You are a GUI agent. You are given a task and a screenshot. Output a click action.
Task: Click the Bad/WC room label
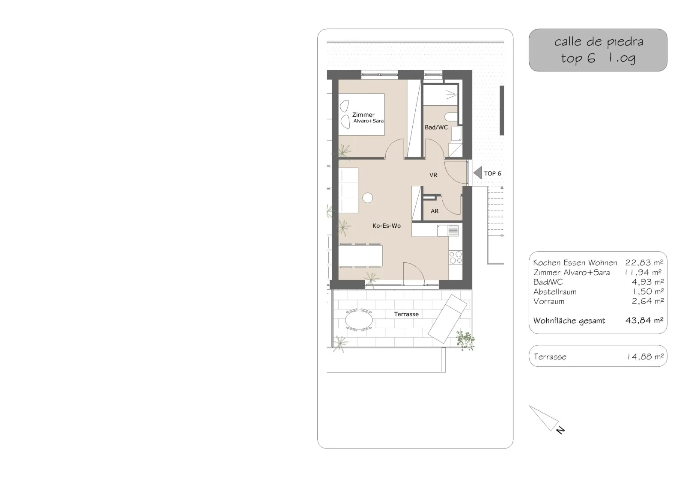point(436,128)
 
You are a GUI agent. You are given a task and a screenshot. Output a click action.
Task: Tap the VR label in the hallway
point(433,175)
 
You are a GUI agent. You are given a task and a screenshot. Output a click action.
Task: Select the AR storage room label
point(435,211)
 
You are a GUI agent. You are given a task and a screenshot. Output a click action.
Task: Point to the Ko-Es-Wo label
point(387,226)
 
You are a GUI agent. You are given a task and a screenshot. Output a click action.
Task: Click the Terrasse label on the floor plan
point(406,314)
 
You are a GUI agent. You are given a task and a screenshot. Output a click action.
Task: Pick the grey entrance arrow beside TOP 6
point(478,173)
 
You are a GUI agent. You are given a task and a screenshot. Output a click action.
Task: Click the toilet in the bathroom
point(451,116)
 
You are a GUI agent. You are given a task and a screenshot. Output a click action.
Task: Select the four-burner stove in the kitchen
point(456,257)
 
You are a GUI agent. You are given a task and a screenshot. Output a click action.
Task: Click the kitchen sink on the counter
point(448,231)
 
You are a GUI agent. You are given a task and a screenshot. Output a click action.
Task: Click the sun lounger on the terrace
point(447,319)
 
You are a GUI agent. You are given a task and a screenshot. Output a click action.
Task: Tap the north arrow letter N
point(560,430)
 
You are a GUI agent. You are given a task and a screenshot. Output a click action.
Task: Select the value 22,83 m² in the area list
point(644,263)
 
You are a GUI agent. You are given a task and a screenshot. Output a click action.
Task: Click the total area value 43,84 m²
point(644,321)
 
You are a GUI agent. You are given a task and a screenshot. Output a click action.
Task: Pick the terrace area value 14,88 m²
point(645,356)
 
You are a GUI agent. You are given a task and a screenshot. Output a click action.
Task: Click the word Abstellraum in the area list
point(555,292)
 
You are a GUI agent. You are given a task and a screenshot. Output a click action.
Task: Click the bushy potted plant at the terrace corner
point(465,340)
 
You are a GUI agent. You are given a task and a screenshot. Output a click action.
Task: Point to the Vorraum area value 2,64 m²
point(648,301)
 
